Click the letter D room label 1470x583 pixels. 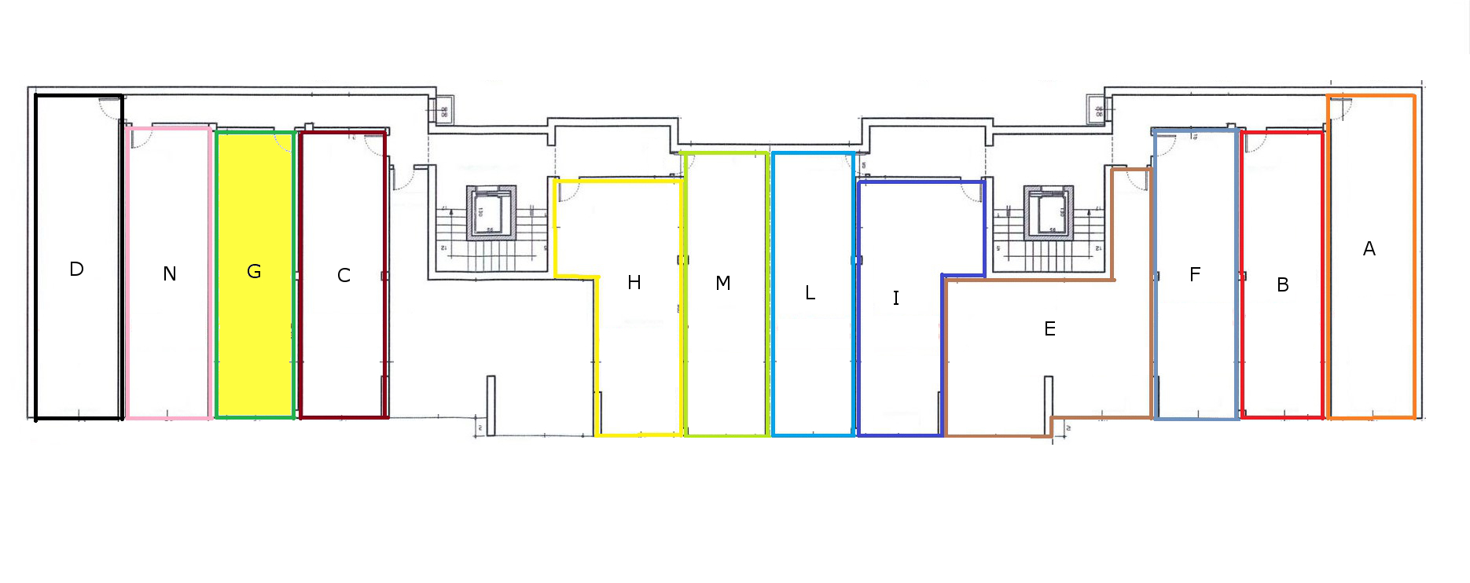76,269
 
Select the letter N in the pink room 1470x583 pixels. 170,274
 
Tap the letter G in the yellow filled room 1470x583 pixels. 254,272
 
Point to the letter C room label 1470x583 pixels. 344,276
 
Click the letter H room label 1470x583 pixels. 634,283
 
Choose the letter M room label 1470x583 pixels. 723,283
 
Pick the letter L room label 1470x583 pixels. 810,293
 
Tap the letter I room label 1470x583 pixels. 895,298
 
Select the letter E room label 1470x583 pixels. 1049,329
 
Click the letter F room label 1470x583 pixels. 1195,275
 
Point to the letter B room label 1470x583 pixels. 1283,285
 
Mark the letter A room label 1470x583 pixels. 1369,249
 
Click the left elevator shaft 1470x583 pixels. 491,213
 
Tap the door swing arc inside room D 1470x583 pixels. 109,108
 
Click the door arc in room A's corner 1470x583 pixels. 1340,108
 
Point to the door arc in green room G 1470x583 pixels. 283,141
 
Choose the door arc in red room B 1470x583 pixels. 1255,141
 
